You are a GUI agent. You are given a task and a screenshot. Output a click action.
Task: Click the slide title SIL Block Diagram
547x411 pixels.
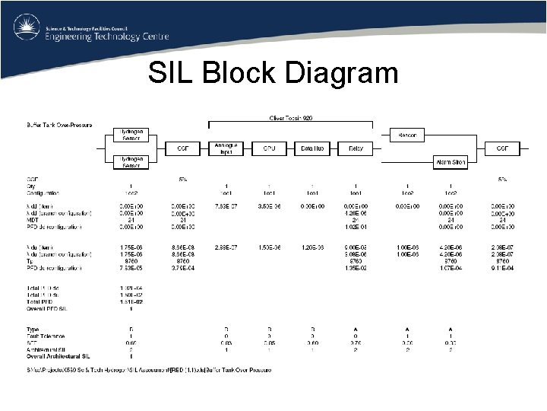[x=273, y=73]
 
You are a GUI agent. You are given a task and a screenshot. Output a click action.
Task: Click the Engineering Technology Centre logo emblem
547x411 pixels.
[x=27, y=28]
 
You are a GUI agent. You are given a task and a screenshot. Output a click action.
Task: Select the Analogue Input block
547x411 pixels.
[x=226, y=148]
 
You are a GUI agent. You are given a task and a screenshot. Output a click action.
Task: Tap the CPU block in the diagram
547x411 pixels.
[x=269, y=148]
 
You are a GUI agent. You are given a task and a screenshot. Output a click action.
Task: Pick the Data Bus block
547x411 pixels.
[x=312, y=148]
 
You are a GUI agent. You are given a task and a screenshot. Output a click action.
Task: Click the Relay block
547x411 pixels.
[x=355, y=148]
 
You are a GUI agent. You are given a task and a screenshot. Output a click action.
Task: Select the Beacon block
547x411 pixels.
[x=407, y=135]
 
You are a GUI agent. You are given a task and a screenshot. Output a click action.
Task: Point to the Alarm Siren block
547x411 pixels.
[x=450, y=162]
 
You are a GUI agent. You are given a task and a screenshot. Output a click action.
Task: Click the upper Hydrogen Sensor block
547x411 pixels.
[x=130, y=135]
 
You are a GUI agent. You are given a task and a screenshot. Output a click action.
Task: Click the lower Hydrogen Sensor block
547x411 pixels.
[x=130, y=161]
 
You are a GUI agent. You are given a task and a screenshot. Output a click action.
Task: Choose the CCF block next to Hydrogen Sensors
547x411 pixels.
[x=182, y=148]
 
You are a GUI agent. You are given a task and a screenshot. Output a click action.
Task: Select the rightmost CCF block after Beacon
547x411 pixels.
[x=502, y=148]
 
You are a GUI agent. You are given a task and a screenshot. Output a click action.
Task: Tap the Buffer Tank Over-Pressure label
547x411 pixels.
[x=58, y=124]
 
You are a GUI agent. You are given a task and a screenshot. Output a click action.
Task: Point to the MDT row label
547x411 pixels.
[x=33, y=220]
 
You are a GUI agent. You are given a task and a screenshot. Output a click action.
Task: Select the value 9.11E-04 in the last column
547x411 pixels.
[x=502, y=267]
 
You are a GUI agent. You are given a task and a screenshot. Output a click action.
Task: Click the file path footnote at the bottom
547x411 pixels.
[x=148, y=370]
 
